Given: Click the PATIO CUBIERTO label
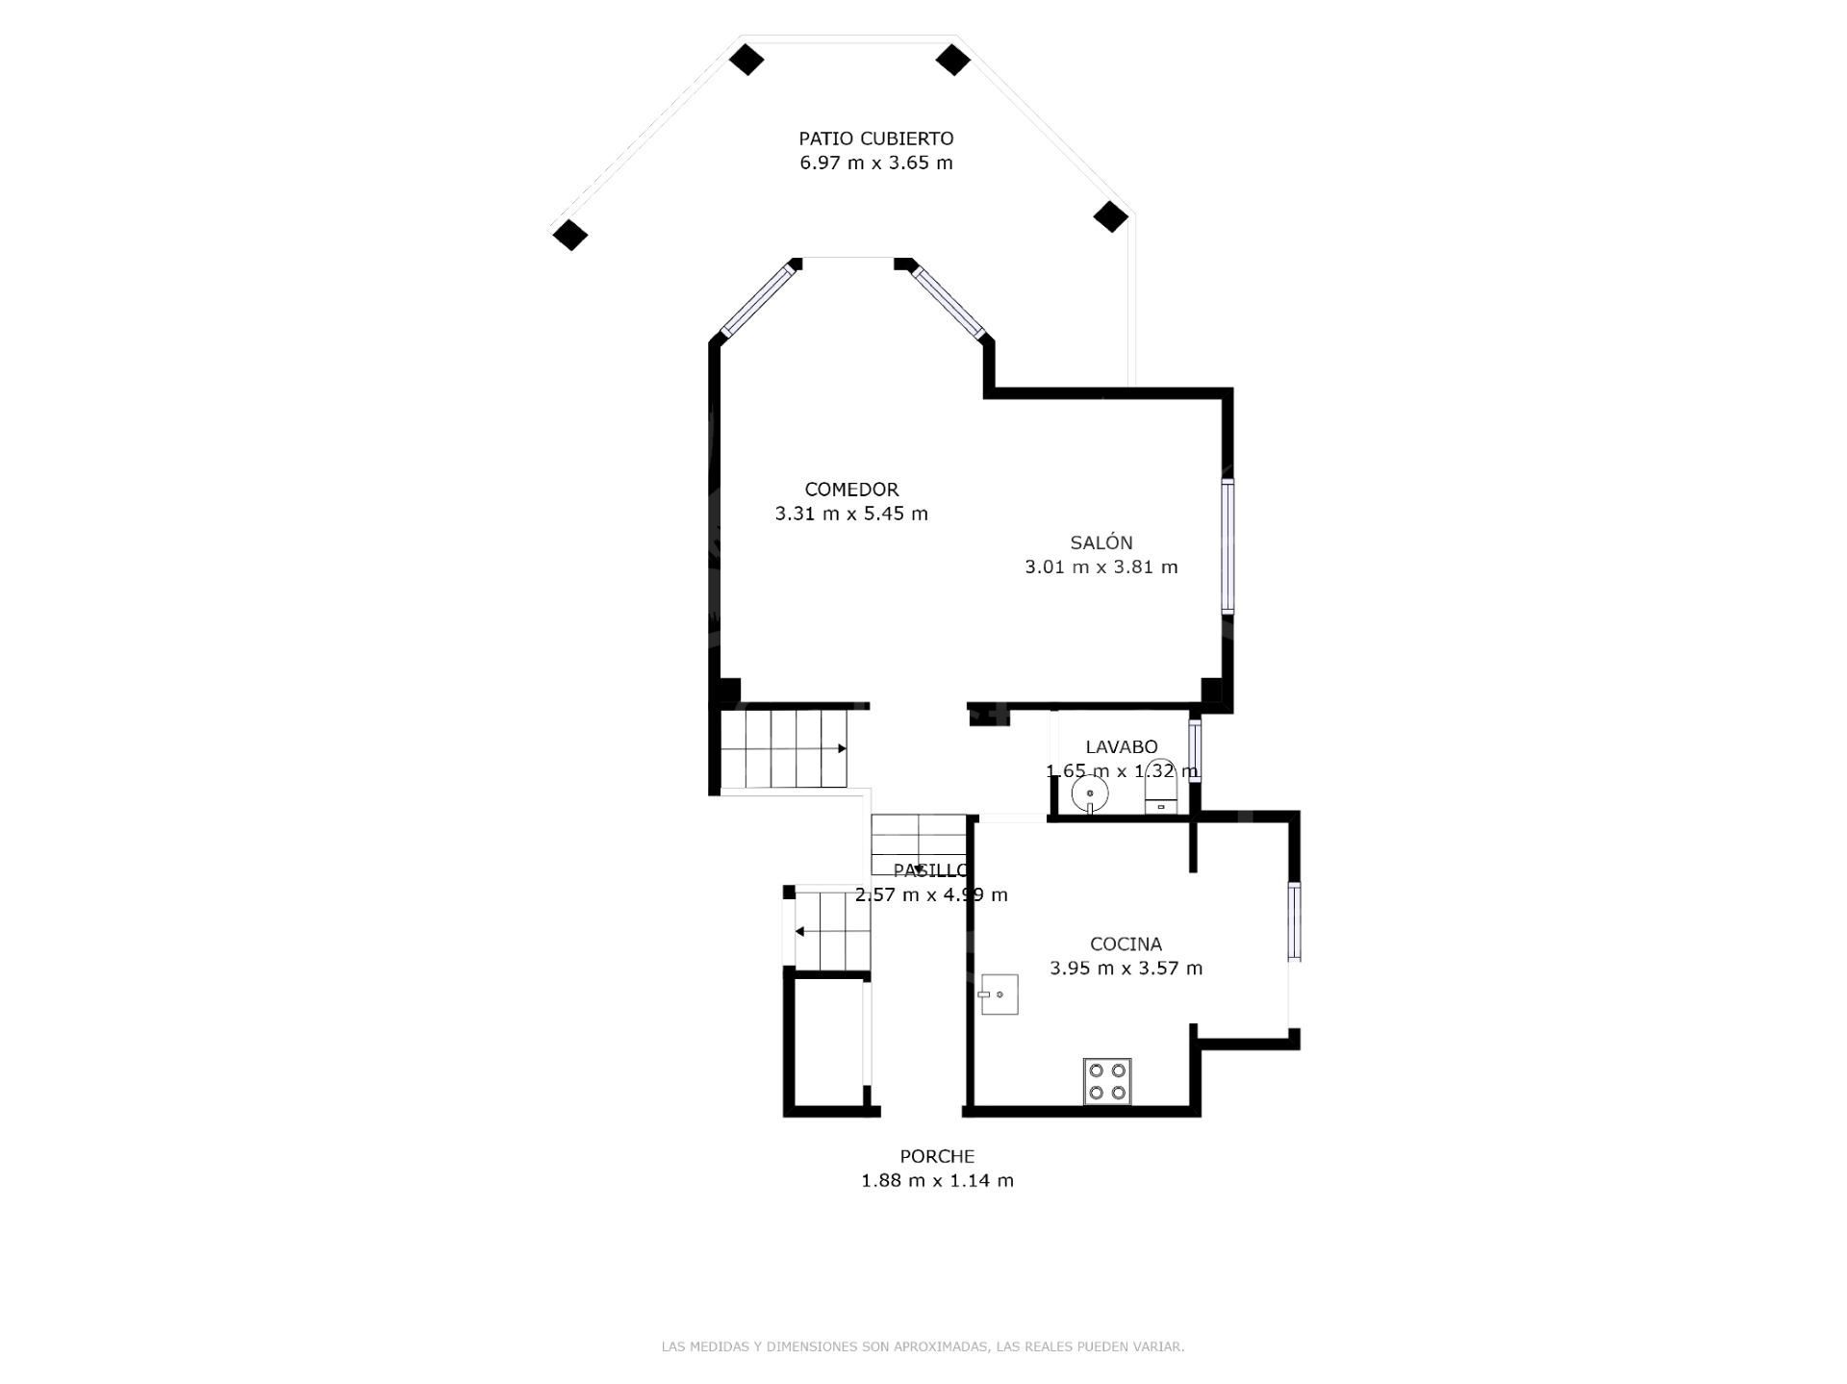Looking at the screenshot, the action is coord(876,138).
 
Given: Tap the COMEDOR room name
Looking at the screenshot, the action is coord(851,490).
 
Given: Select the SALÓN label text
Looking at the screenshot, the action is coord(1101,542).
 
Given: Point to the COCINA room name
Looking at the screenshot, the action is coord(1126,944).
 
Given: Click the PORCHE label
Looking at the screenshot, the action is coord(937,1156).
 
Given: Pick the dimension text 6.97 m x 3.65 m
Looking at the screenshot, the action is coord(876,163).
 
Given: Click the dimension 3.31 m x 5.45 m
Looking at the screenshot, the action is coord(851,514).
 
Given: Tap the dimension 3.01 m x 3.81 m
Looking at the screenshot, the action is coord(1101,566).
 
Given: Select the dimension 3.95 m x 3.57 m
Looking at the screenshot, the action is coord(1126,969).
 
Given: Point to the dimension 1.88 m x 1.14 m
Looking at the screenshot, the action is coord(937,1180).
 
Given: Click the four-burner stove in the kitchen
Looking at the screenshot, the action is coord(1107,1081).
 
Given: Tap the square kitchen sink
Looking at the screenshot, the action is coord(999,994).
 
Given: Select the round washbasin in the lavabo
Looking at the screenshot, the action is coord(1090,794).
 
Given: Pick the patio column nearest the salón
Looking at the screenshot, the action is coord(1110,216).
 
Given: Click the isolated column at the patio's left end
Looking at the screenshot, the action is coord(570,235).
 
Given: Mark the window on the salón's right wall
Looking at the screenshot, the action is coord(1227,546).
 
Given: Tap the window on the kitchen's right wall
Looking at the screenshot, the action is coord(1294,921).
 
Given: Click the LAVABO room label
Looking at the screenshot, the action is coord(1121,747).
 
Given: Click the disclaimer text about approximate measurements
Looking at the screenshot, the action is coord(923,1346).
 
